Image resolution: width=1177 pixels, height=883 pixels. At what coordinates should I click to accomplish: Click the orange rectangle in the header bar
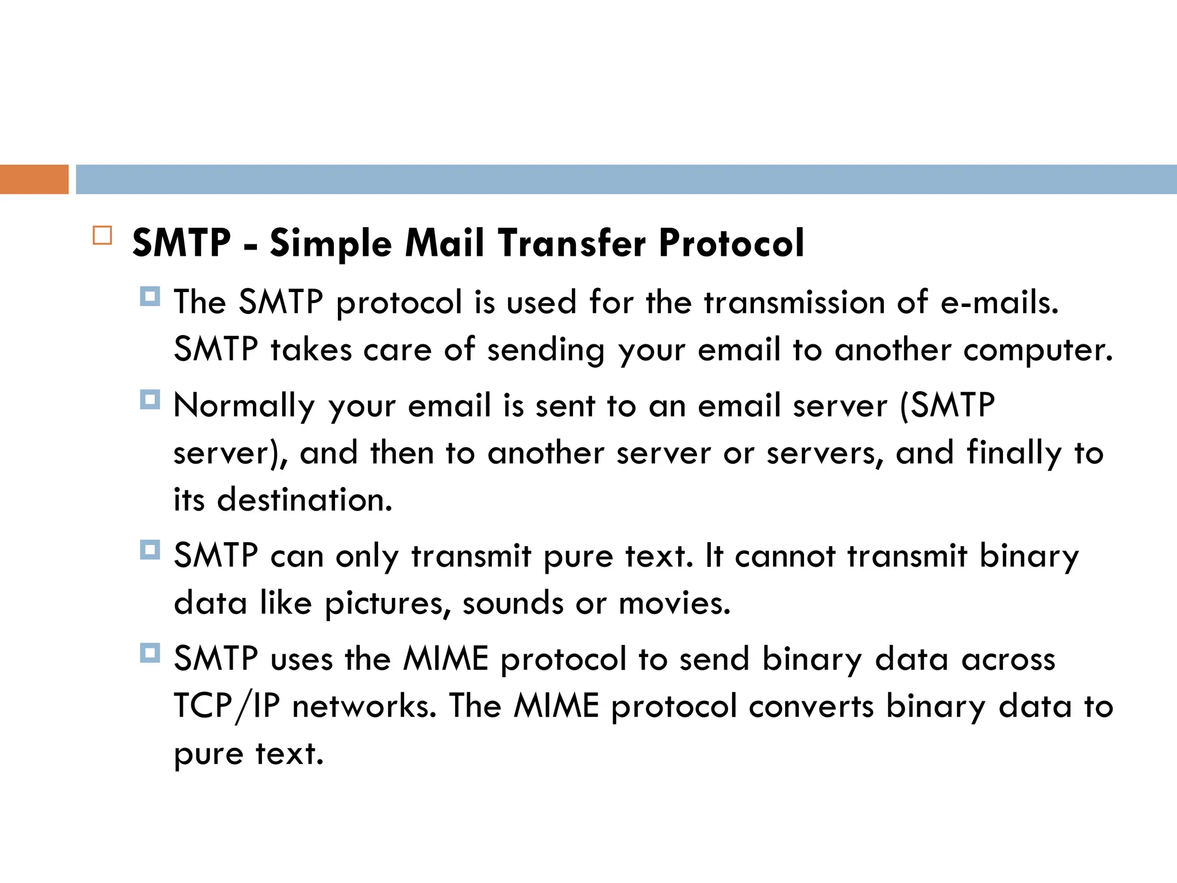tap(34, 179)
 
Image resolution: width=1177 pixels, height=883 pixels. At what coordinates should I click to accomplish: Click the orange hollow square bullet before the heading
tap(102, 236)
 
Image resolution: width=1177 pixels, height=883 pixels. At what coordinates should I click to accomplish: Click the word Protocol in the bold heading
tap(731, 244)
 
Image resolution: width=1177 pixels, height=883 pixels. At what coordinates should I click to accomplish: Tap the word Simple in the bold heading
tap(330, 244)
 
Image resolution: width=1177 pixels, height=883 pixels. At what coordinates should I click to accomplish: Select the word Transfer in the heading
tap(572, 243)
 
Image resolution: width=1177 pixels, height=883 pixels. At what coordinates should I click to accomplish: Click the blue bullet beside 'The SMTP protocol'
tap(150, 297)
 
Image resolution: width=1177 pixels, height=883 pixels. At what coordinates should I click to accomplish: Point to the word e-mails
tap(999, 302)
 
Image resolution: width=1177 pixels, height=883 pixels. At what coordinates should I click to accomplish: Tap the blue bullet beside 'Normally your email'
tap(150, 400)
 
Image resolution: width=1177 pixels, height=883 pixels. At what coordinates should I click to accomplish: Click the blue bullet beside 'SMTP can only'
tap(150, 550)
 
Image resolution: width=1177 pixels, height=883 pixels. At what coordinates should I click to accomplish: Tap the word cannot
tap(785, 556)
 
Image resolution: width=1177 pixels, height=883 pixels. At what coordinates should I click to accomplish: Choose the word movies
tap(674, 604)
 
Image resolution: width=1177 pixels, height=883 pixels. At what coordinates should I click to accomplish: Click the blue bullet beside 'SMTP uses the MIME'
tap(150, 653)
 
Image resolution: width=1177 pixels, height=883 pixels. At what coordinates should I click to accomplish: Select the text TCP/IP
tap(226, 707)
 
